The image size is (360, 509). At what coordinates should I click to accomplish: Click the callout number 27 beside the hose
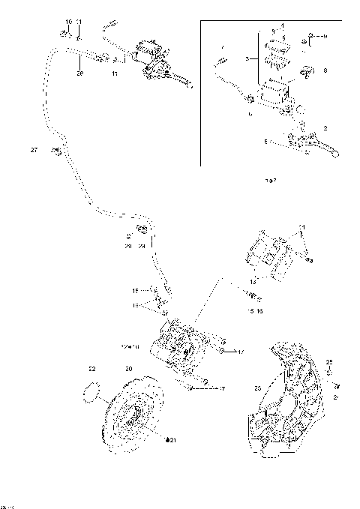(34, 151)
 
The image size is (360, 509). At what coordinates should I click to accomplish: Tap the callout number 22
(92, 369)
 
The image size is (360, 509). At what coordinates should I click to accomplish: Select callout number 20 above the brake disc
(128, 369)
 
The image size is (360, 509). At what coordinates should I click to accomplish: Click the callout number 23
(257, 388)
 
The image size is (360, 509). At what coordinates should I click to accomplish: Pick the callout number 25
(329, 362)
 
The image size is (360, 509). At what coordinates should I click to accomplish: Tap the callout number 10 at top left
(68, 22)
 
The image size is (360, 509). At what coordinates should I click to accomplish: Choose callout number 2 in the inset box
(325, 128)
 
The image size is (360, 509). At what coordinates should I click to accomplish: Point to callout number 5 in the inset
(265, 139)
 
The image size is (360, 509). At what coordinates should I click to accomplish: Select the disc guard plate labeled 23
(289, 405)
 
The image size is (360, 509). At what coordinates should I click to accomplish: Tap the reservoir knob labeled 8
(306, 72)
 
